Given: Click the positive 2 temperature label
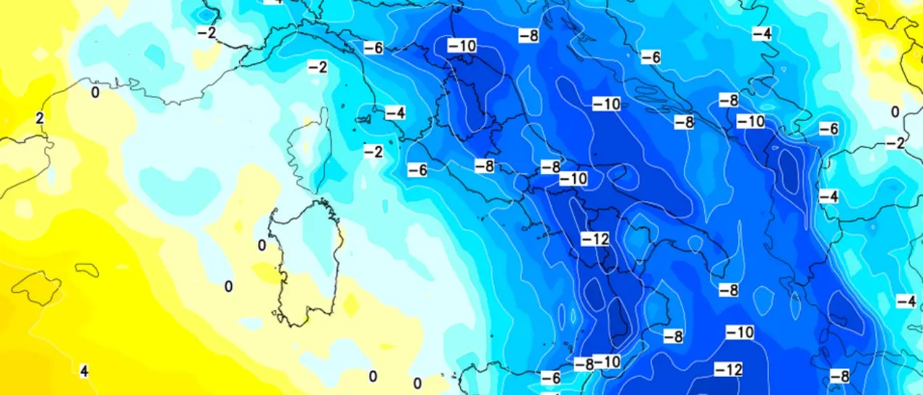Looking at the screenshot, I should [40, 118].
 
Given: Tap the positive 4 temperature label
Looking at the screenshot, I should [84, 371].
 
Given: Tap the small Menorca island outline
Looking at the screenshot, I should [86, 270].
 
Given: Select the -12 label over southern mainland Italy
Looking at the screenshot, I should [594, 238].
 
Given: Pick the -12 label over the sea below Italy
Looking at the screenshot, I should [727, 370].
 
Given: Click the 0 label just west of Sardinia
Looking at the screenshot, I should [262, 245].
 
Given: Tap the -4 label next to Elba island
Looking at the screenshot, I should [395, 113].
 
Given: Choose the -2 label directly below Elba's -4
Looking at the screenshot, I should [373, 151].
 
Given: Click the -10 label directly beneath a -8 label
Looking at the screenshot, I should [573, 178].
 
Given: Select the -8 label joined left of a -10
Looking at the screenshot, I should [584, 363].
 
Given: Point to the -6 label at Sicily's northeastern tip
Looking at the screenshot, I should [550, 378].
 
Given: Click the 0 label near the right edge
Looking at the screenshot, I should [895, 111].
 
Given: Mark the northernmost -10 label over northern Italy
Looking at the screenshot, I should [461, 46].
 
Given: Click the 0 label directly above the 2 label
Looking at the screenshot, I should [95, 92].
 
